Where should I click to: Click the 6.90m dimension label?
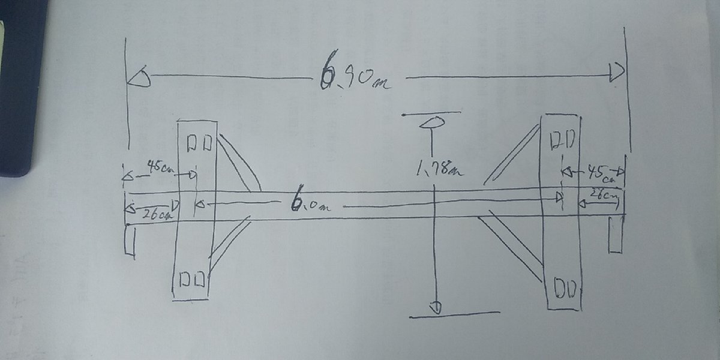(x=355, y=76)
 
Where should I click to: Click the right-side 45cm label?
(x=600, y=173)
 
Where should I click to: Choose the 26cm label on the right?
(x=602, y=194)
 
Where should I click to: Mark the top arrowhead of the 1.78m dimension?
(x=431, y=123)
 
